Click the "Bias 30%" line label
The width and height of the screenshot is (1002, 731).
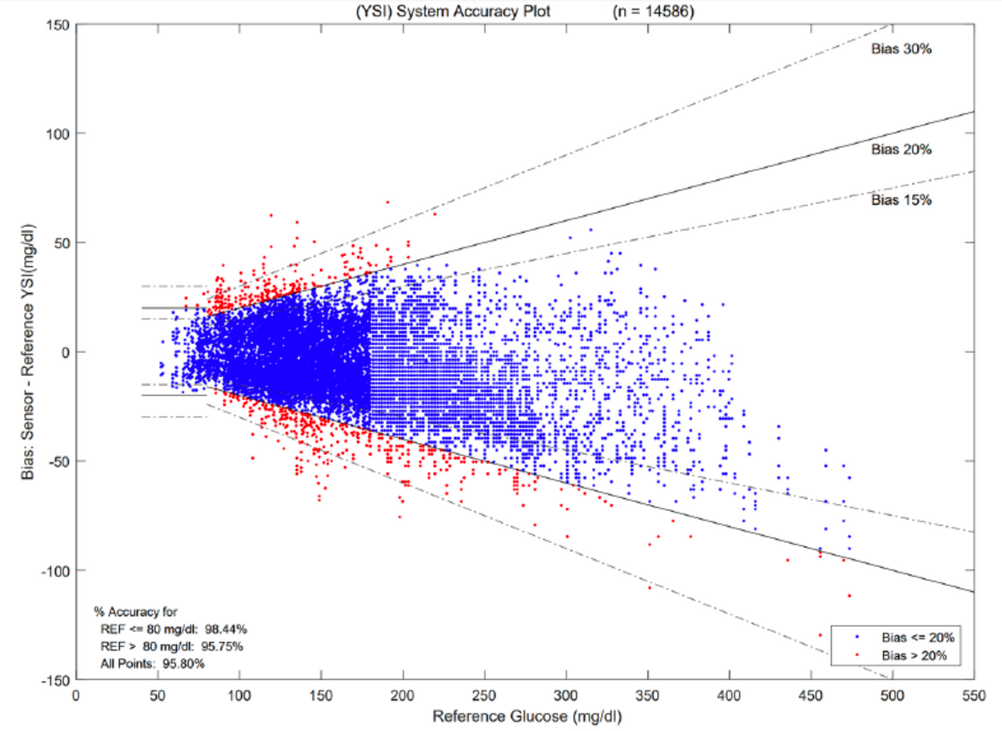pos(901,49)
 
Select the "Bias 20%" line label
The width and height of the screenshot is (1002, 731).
pos(901,149)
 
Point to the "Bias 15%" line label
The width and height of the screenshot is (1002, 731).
pos(901,200)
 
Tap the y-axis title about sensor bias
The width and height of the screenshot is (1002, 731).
pos(31,352)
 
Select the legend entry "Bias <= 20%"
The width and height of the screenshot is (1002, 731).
pos(917,637)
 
